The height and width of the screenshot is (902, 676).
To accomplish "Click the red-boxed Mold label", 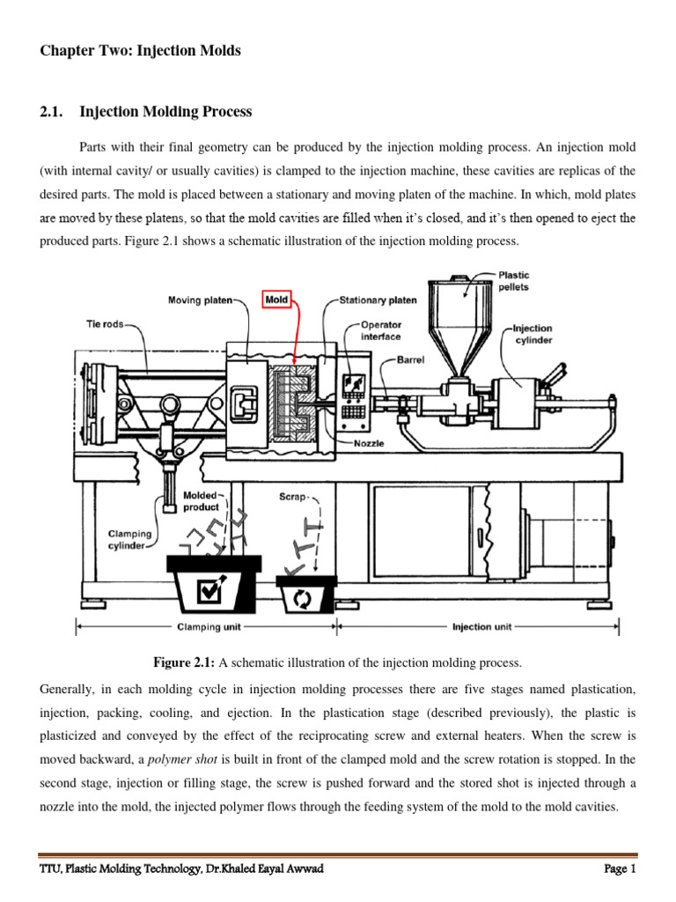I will point(276,300).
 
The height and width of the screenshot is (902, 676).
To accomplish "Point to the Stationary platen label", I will point(379,301).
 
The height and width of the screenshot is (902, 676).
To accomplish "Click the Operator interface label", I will point(380,330).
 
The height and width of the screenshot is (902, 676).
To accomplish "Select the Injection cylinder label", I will point(533,334).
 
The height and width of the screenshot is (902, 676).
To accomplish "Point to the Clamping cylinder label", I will point(129,539).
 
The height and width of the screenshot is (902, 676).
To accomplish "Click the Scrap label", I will point(294,497).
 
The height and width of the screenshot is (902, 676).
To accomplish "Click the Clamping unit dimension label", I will point(205,628).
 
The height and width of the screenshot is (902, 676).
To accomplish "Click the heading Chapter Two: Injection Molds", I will point(141,51).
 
